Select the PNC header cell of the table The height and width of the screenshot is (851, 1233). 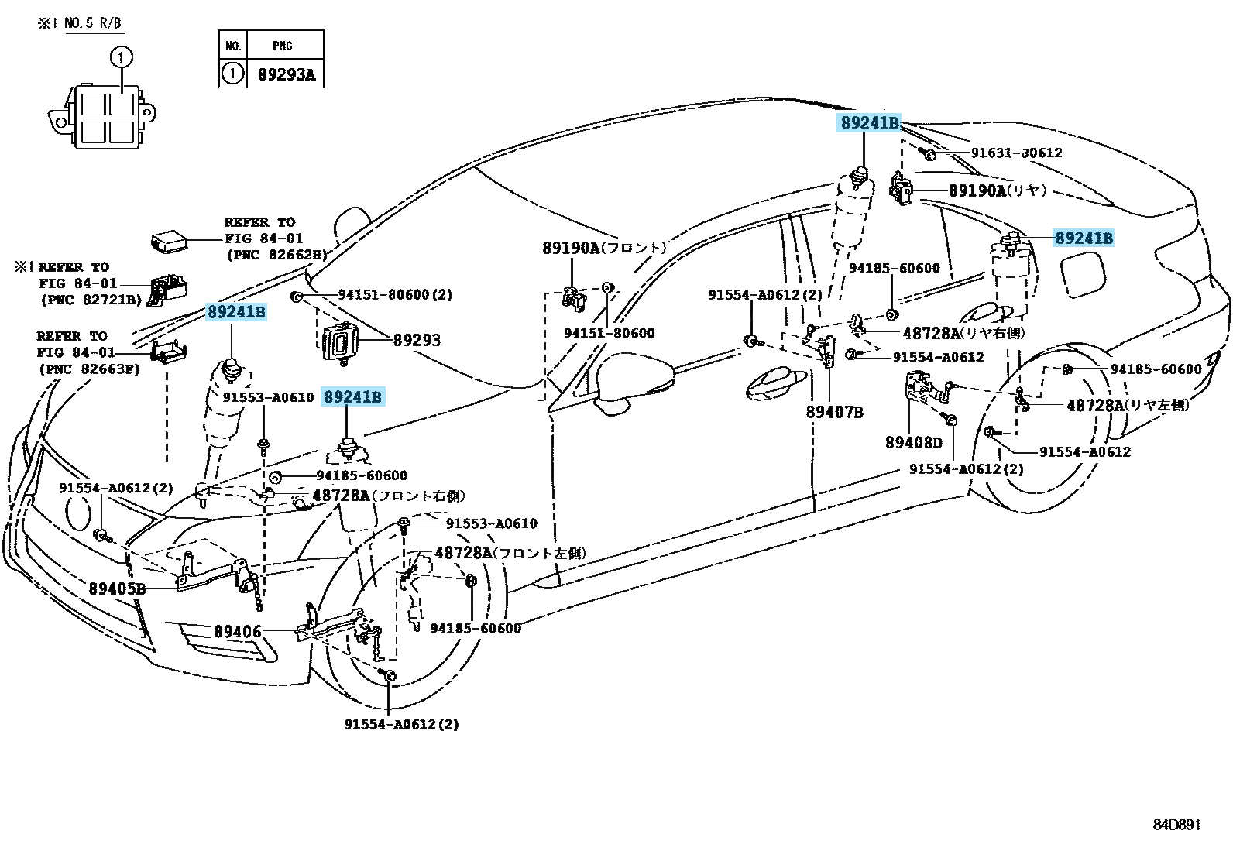click(283, 46)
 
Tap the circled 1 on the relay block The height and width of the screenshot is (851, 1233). click(121, 57)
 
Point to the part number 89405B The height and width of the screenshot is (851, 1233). click(117, 588)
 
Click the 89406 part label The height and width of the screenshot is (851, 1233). click(238, 632)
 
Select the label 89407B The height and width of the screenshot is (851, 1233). click(834, 413)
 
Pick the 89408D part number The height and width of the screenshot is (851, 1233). click(914, 443)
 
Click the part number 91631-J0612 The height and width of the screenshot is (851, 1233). click(1016, 153)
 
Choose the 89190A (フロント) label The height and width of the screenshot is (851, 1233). click(603, 248)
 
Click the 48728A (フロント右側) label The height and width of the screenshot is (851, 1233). click(388, 496)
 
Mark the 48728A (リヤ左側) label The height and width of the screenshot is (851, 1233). click(1128, 405)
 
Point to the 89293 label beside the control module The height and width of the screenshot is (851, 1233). click(417, 340)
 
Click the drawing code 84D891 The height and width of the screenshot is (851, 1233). click(1175, 825)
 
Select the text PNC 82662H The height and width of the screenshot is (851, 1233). click(276, 254)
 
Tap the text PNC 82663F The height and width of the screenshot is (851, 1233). click(89, 369)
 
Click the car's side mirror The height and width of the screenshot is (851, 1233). click(631, 379)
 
